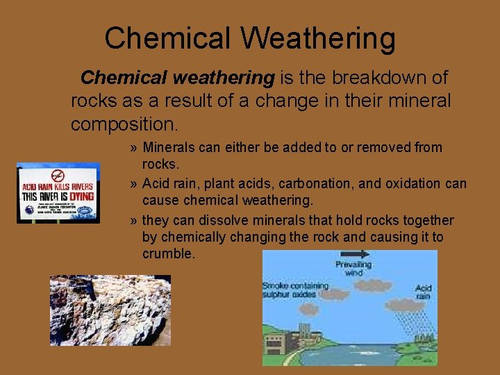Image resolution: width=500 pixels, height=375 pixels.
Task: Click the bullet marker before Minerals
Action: [x=133, y=148]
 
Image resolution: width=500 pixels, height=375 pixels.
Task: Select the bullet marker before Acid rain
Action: [x=133, y=184]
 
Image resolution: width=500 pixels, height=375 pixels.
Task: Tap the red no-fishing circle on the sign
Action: [x=58, y=176]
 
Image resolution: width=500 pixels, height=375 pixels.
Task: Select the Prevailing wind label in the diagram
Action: [x=353, y=269]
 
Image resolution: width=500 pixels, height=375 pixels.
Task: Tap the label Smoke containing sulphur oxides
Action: [x=290, y=290]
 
